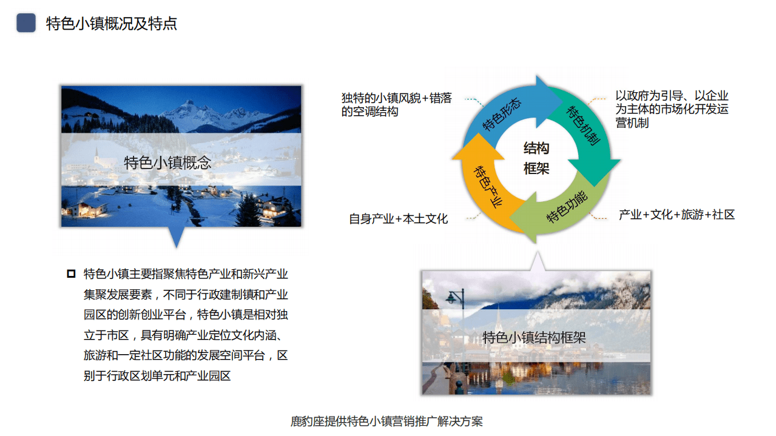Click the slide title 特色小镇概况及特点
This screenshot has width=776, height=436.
tap(112, 24)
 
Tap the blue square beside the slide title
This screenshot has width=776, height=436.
tap(26, 24)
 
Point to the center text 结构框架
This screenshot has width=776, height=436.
tap(536, 158)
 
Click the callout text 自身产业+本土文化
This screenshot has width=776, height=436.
tap(398, 219)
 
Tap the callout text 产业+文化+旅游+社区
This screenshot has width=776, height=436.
tap(676, 215)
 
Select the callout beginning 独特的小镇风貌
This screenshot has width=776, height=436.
tap(396, 104)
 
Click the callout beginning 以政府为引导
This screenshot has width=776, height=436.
tap(672, 109)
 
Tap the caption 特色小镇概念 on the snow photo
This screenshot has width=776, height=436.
tap(167, 163)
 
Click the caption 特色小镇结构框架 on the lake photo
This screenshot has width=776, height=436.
tap(534, 338)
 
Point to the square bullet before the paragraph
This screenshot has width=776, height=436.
tap(71, 273)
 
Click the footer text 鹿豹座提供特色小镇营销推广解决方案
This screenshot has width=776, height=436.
tap(387, 421)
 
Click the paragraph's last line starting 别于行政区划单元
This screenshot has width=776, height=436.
tap(157, 376)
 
